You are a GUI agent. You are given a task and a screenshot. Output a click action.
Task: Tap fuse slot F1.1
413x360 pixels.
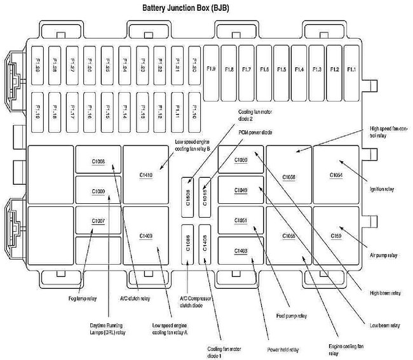click(351, 69)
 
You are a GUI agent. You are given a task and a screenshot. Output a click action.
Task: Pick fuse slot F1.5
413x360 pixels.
click(281, 69)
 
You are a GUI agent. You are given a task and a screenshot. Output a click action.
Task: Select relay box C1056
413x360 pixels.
click(288, 176)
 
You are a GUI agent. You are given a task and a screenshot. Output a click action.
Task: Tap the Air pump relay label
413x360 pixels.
click(383, 255)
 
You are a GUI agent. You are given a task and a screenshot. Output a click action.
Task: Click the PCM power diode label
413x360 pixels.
click(255, 133)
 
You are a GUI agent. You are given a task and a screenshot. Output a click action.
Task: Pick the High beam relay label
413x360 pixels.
click(385, 293)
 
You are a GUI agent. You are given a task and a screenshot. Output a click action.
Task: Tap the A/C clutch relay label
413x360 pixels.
click(135, 298)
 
